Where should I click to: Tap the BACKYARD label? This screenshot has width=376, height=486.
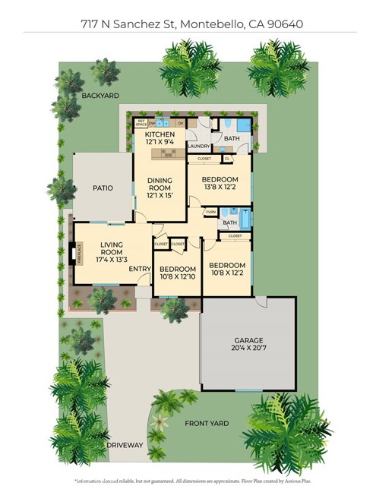click(100, 96)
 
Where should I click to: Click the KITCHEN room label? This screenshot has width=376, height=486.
click(160, 134)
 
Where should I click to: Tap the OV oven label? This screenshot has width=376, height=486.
click(181, 121)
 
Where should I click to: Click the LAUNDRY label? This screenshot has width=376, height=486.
click(198, 146)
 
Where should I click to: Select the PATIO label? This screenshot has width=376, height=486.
click(103, 188)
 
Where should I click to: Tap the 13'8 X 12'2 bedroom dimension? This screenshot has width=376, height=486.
click(219, 188)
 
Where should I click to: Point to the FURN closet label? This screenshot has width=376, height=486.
click(210, 212)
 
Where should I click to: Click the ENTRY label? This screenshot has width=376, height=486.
click(139, 269)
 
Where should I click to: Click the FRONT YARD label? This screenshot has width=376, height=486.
click(206, 424)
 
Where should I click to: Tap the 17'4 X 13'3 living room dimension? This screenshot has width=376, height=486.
click(112, 260)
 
